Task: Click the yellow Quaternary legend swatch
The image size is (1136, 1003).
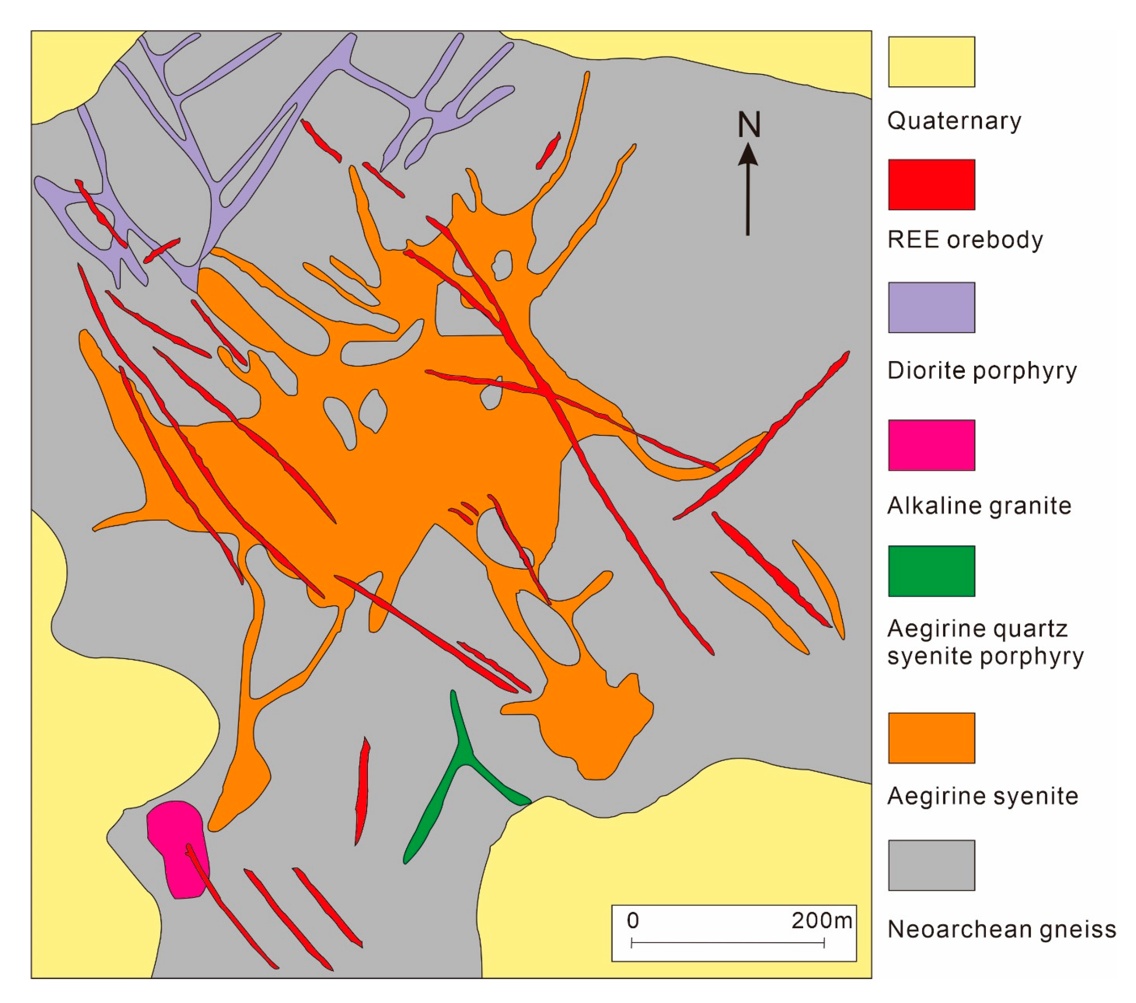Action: (x=931, y=62)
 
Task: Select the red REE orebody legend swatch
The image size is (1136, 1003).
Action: (x=931, y=184)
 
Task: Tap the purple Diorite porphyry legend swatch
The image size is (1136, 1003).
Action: (x=931, y=307)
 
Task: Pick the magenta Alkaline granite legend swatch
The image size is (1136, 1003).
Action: (x=931, y=445)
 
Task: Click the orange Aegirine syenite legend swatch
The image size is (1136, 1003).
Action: (x=931, y=738)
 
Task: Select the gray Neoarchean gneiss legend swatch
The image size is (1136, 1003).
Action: (x=931, y=865)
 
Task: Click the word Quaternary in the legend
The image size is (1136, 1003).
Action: (x=954, y=121)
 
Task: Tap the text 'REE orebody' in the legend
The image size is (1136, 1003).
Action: (x=965, y=240)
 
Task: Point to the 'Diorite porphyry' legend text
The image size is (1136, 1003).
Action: (x=982, y=371)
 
